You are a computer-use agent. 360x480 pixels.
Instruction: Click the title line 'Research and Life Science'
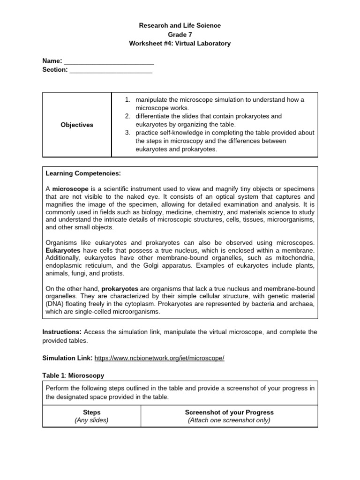180,25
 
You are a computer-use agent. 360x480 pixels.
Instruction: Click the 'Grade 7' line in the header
180,34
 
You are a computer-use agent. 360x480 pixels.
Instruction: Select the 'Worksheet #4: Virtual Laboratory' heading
180,44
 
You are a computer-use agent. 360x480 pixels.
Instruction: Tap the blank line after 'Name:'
109,61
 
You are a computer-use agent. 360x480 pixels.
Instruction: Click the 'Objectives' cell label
77,125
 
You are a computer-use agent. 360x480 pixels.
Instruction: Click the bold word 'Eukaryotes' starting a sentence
63,250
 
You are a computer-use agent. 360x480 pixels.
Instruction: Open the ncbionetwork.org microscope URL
159,358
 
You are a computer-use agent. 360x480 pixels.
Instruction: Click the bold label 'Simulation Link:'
67,358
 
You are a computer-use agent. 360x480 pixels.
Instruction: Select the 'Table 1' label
53,375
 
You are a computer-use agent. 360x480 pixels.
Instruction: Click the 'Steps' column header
91,412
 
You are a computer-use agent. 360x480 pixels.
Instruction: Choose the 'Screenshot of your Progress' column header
229,412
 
